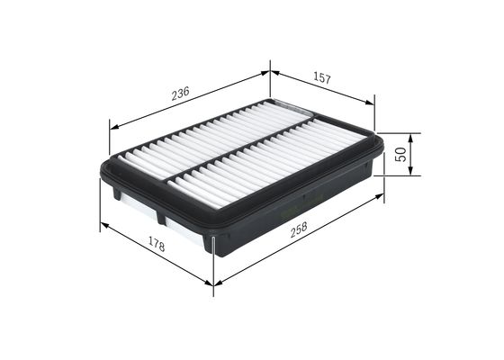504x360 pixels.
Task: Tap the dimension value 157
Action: pyautogui.click(x=320, y=78)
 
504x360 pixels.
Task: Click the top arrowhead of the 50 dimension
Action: pyautogui.click(x=412, y=136)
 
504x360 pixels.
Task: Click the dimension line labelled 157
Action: pyautogui.click(x=321, y=88)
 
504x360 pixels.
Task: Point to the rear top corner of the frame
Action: pyautogui.click(x=270, y=99)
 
